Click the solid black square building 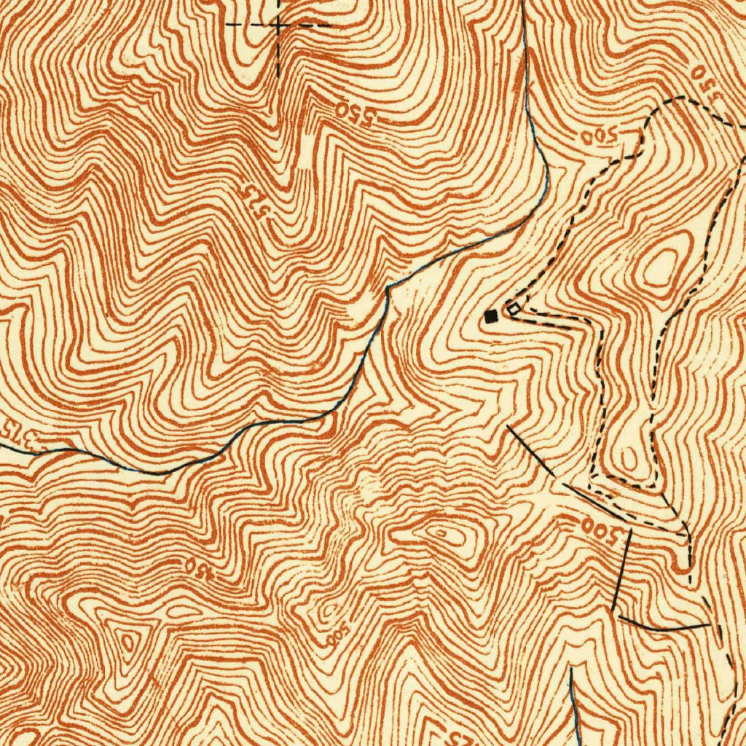(x=492, y=316)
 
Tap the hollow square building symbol (x=514, y=310)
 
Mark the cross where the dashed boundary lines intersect (x=279, y=25)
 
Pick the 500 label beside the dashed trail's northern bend (x=600, y=136)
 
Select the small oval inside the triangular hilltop (x=128, y=642)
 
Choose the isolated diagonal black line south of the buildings (x=530, y=451)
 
